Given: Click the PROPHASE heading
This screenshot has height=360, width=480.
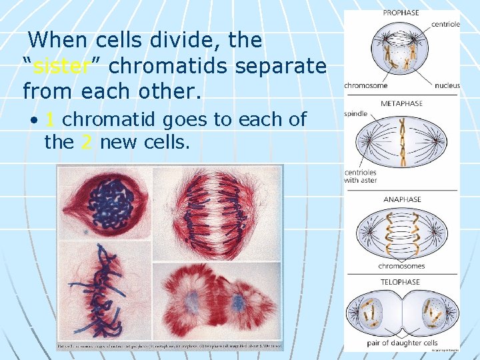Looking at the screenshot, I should click(x=401, y=12).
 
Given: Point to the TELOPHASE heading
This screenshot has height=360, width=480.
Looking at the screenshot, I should click(x=401, y=282).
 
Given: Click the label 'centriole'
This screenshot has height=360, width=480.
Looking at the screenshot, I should click(x=445, y=25).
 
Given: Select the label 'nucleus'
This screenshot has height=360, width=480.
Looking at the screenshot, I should click(x=447, y=85).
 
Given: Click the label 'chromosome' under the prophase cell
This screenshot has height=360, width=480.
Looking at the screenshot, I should click(x=366, y=85).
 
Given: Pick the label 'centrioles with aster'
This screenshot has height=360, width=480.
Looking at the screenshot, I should click(x=361, y=176).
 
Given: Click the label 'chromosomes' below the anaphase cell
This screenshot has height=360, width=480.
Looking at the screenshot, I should click(x=401, y=266).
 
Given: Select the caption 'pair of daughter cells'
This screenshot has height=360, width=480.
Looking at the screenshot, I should click(x=402, y=343).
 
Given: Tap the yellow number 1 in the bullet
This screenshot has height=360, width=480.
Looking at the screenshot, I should click(x=49, y=119).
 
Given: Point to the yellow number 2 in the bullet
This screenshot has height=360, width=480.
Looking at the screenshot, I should click(x=86, y=141).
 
